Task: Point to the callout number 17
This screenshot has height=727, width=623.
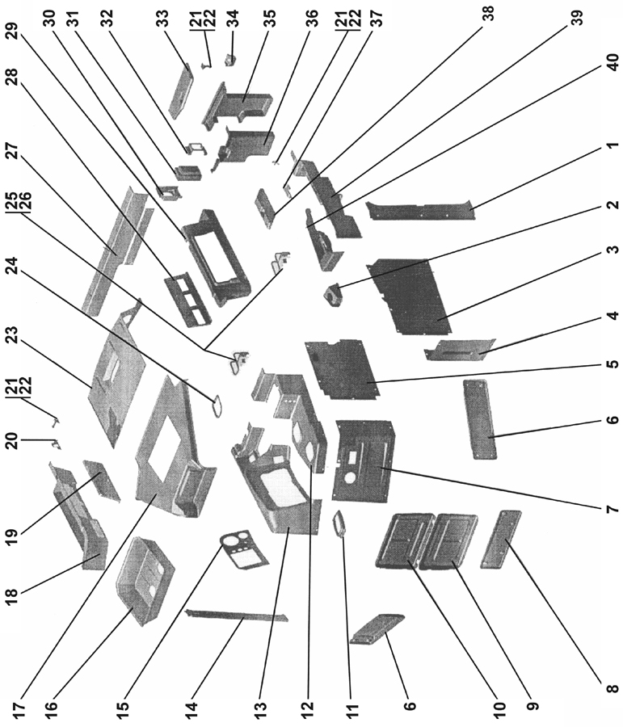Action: [x=19, y=712]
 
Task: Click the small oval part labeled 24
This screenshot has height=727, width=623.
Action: [x=217, y=406]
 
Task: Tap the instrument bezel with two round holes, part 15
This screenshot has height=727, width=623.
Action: [x=242, y=550]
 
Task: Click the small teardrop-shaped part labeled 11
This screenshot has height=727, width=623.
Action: [x=339, y=523]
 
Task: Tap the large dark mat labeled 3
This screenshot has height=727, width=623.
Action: [x=408, y=296]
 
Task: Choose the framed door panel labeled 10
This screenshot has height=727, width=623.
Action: [x=405, y=541]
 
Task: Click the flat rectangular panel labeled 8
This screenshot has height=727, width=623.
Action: [x=501, y=540]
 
